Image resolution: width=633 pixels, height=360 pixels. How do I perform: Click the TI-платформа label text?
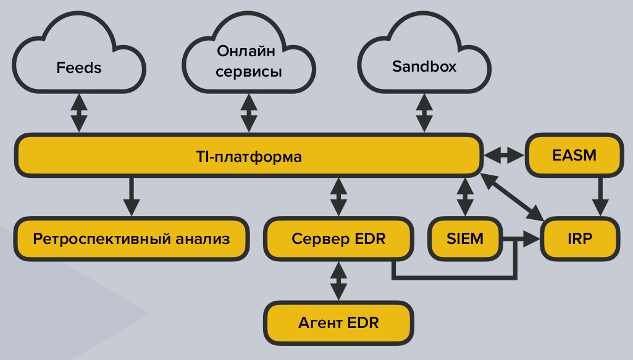click(248, 156)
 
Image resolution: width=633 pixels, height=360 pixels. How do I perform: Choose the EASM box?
click(573, 155)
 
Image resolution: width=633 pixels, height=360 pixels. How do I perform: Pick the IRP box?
click(579, 238)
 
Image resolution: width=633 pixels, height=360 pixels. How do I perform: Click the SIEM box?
click(464, 238)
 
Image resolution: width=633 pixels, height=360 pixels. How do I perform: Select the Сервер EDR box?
click(338, 238)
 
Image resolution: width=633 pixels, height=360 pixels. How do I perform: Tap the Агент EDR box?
click(338, 322)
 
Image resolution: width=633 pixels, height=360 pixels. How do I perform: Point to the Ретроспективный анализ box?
click(131, 238)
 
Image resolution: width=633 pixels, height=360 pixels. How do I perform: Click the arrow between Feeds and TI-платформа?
click(79, 112)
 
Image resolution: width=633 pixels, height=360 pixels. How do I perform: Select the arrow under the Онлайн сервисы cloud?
click(249, 112)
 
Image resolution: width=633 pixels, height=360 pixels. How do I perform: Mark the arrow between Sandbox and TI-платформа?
click(424, 112)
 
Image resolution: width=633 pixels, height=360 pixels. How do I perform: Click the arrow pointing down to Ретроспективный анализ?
click(131, 196)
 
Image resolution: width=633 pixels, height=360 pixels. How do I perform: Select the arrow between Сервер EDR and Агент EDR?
click(338, 280)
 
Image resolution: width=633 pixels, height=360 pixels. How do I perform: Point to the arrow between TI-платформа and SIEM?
click(464, 196)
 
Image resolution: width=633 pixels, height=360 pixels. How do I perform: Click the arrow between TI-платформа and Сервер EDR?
click(338, 196)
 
